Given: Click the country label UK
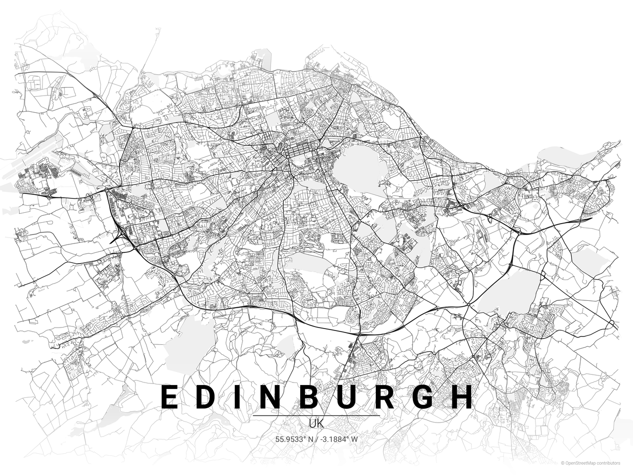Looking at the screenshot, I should [x=316, y=424].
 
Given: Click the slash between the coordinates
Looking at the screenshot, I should [x=316, y=439].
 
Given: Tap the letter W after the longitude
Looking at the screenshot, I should [x=354, y=439].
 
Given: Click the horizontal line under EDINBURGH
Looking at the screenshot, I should [x=316, y=415].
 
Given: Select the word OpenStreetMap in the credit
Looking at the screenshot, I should [x=581, y=463].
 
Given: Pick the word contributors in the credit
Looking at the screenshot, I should [x=608, y=463].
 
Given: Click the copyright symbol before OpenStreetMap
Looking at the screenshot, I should [x=562, y=463].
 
